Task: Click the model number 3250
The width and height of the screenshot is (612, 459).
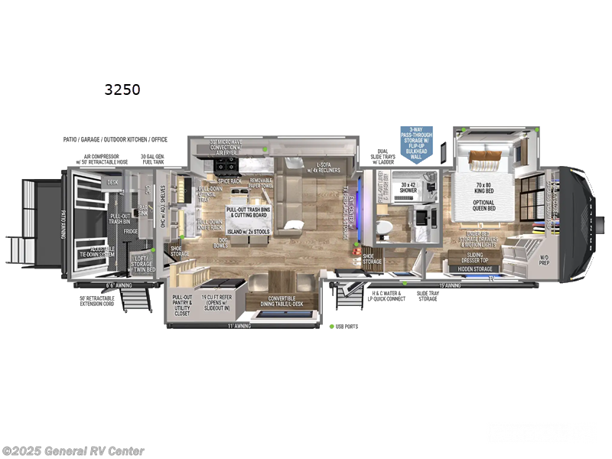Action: click(x=122, y=90)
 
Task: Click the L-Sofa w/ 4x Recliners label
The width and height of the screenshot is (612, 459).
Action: click(x=322, y=168)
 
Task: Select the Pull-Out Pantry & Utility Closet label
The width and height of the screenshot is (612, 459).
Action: click(x=183, y=305)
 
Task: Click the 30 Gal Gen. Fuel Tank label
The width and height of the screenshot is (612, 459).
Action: click(x=154, y=161)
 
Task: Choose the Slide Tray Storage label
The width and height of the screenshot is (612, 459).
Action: click(x=428, y=296)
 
